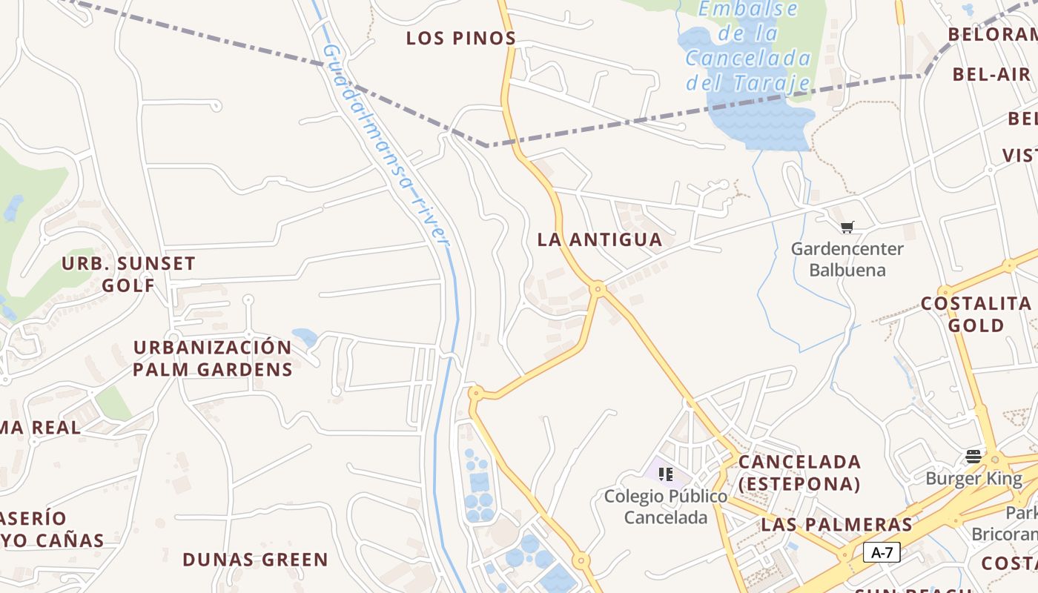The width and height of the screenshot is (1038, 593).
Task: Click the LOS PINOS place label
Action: click(460, 39)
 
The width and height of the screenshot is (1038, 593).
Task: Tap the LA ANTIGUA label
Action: click(599, 239)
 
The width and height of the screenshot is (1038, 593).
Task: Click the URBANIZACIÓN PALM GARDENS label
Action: click(213, 358)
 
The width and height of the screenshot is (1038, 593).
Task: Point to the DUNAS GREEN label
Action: click(255, 560)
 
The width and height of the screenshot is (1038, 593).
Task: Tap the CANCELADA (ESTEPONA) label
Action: click(799, 473)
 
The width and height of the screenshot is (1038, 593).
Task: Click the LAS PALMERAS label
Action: click(836, 525)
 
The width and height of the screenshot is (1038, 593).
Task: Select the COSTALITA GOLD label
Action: click(976, 314)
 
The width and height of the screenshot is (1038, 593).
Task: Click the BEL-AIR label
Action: click(991, 74)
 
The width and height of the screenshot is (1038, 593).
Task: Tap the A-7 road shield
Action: click(882, 552)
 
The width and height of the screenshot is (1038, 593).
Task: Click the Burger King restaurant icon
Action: click(973, 455)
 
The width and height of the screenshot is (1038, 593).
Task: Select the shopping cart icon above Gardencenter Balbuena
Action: click(847, 227)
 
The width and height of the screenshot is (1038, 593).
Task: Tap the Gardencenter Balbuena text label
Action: click(847, 259)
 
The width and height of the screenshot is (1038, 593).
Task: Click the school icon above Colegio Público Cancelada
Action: click(665, 474)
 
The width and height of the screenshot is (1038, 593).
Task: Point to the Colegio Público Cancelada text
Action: click(665, 506)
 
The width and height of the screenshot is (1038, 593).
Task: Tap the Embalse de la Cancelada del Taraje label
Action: click(749, 46)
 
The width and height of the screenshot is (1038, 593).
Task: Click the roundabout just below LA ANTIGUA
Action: click(598, 288)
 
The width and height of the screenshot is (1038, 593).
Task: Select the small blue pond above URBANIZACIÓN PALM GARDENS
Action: click(305, 337)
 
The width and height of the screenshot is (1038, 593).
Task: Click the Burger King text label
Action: click(973, 479)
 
